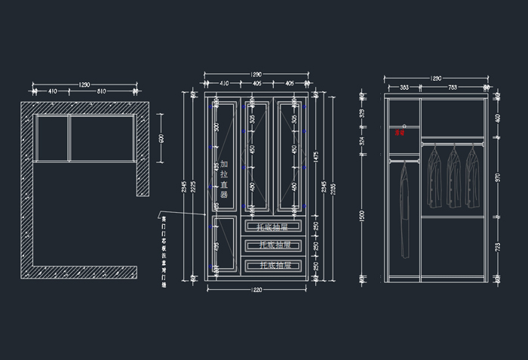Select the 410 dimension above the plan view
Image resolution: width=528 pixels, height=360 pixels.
tap(52, 91)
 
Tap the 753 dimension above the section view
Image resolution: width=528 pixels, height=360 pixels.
tap(453, 88)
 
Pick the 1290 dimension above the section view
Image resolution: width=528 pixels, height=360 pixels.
tap(436, 78)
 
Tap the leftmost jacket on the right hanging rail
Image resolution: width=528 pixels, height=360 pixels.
tap(434, 177)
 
